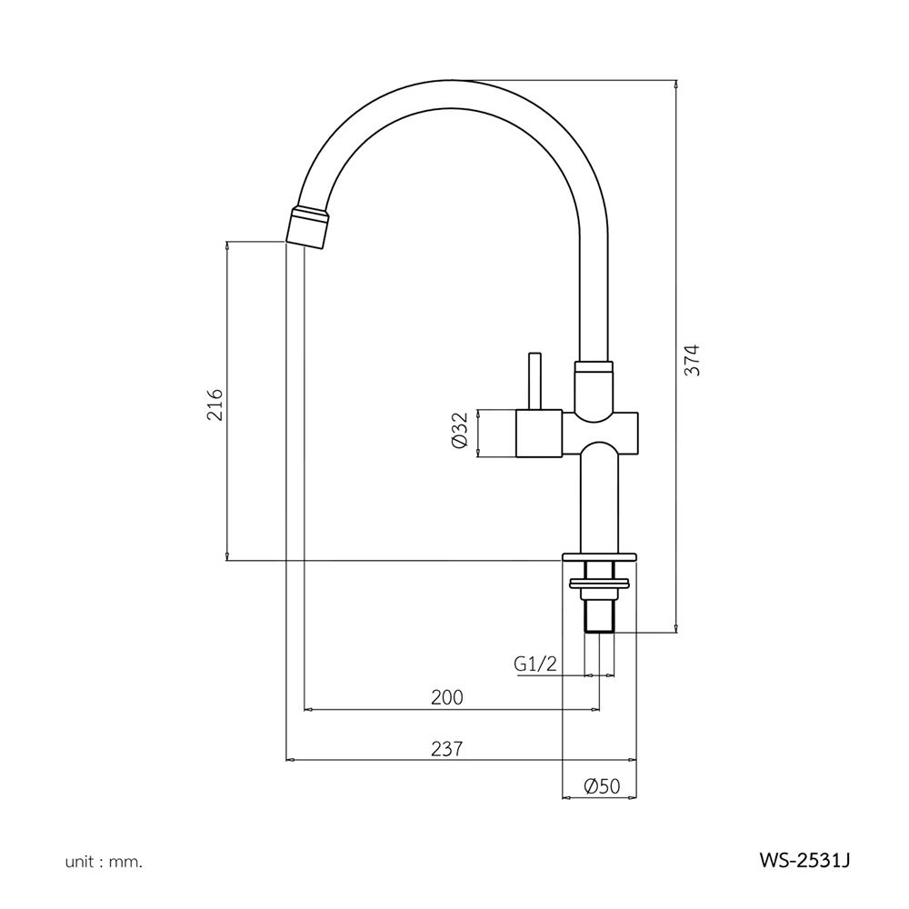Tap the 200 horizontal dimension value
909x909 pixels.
447,697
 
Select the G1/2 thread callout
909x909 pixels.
534,664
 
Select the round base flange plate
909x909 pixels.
600,555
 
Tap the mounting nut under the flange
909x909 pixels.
599,582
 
